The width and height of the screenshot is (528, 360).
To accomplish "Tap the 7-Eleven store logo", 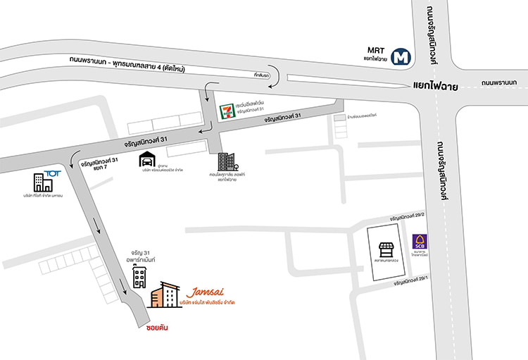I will coord(226,109).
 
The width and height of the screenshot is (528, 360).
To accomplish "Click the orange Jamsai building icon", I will coord(165,295).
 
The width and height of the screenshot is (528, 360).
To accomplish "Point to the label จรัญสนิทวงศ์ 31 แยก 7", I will coord(99,164).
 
